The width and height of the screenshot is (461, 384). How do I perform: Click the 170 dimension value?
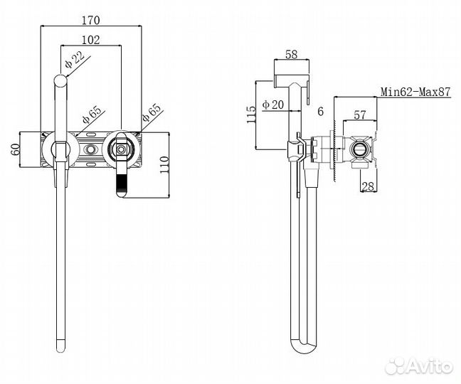click(x=90, y=19)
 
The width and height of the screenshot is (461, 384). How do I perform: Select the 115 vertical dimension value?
click(x=250, y=114)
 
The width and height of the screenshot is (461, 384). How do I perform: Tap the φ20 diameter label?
click(x=273, y=105)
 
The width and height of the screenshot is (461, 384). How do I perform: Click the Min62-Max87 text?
click(x=415, y=92)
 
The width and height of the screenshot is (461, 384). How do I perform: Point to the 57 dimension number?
click(x=360, y=113)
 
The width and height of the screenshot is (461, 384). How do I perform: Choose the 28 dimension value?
click(x=369, y=186)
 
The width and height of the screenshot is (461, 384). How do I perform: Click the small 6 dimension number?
click(x=321, y=112)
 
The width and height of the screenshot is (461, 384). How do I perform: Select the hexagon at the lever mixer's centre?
click(x=120, y=150)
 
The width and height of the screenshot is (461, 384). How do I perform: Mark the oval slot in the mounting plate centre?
click(x=90, y=151)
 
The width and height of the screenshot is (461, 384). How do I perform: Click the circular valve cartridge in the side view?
click(x=360, y=151)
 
